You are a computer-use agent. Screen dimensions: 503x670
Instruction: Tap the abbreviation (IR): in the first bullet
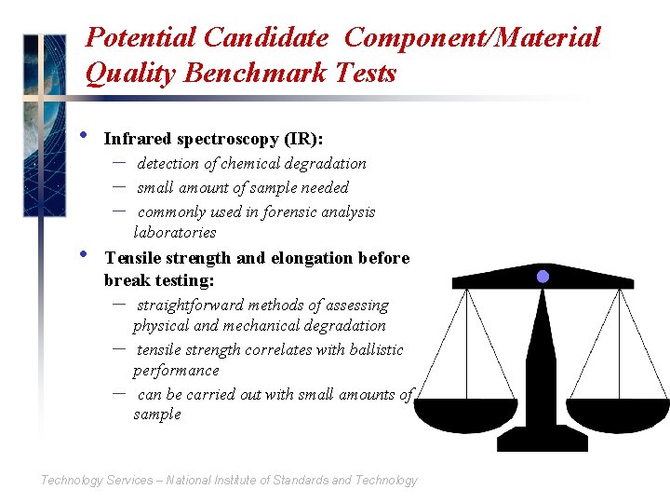303,139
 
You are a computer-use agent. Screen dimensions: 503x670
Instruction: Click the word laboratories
175,232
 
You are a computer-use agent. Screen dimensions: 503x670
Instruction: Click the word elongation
303,258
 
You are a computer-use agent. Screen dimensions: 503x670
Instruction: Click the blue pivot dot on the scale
543,277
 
